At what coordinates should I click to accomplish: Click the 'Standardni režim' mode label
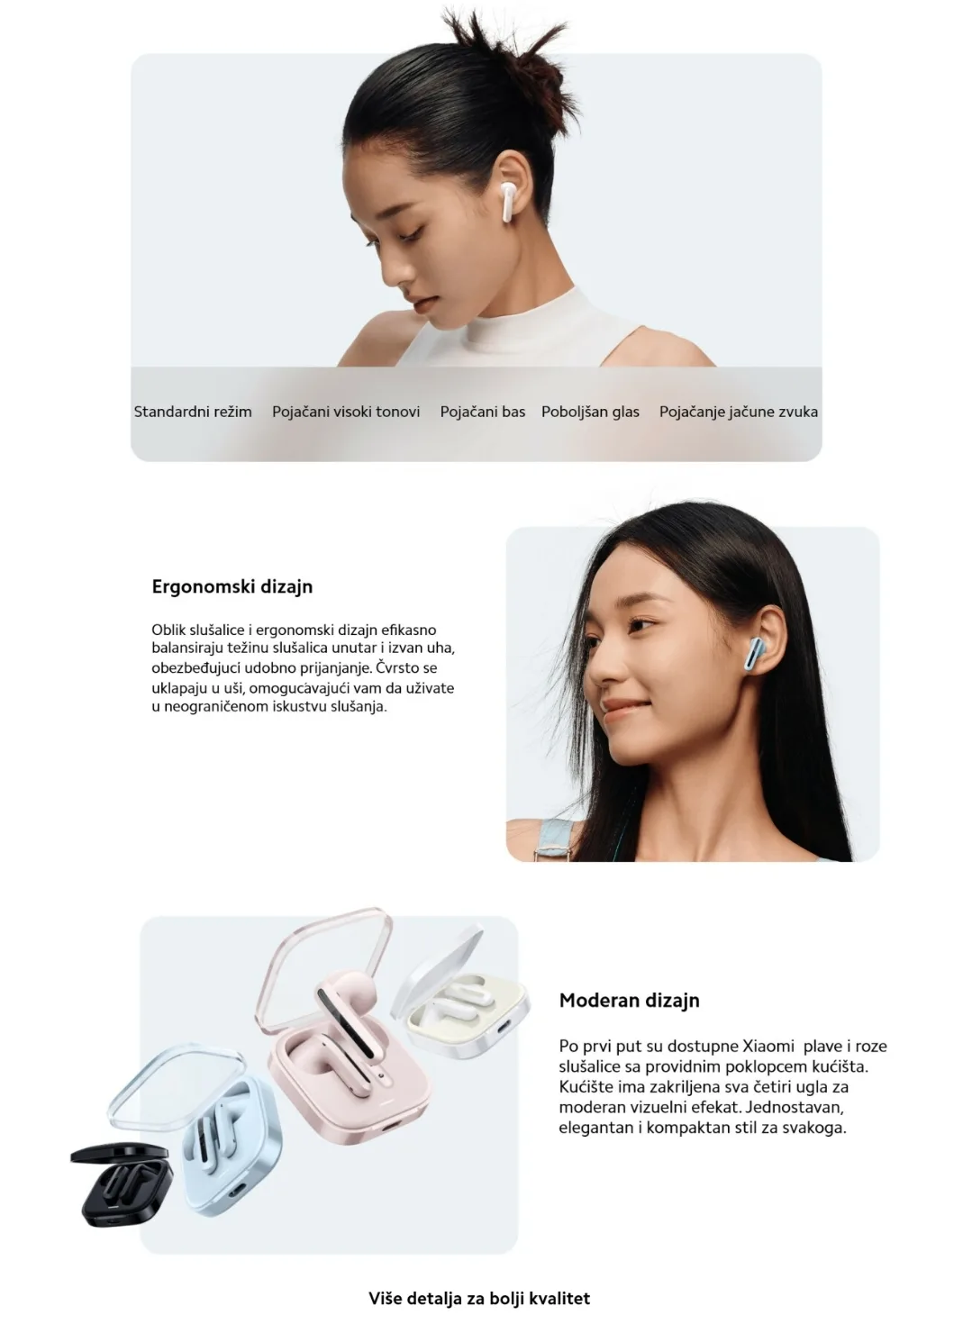[193, 412]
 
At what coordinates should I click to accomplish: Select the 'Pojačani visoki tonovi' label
[346, 412]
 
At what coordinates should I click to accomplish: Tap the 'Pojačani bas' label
[483, 412]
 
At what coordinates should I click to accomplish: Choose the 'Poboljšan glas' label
[590, 412]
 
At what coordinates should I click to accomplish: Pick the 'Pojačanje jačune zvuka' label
[739, 412]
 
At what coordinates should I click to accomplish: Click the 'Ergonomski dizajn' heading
[232, 587]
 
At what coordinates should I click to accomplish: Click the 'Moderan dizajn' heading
[629, 1000]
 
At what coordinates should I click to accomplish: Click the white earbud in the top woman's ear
[508, 202]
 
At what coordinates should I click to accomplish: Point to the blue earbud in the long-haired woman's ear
[757, 653]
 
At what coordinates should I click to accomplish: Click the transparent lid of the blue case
[177, 1086]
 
